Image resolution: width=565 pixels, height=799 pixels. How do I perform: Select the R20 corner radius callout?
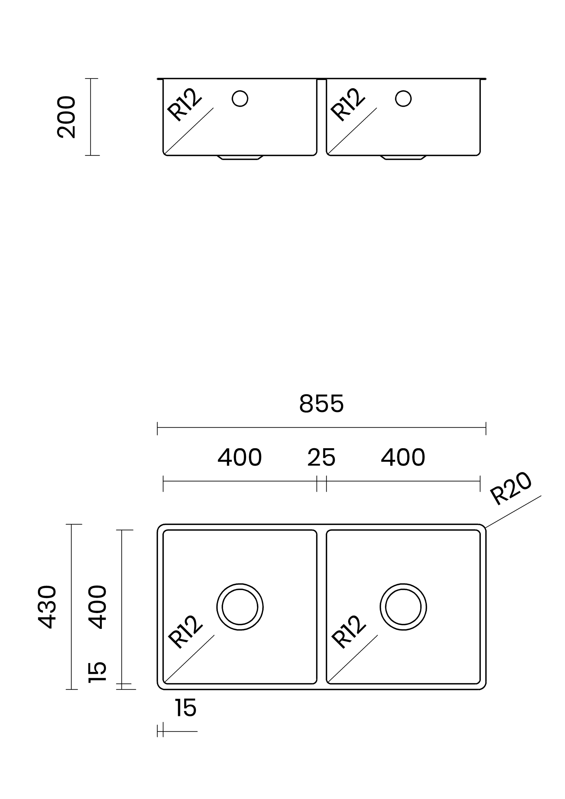click(x=511, y=489)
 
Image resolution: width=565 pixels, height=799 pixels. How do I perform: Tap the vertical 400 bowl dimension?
click(x=97, y=607)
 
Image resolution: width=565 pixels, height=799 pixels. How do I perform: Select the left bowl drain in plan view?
click(x=240, y=607)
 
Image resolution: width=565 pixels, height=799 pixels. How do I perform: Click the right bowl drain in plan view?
click(x=403, y=607)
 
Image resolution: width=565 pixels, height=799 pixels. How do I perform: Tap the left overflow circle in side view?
click(x=240, y=99)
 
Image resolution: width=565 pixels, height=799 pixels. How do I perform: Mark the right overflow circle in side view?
click(x=403, y=99)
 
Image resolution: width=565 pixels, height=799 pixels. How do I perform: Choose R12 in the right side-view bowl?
click(x=348, y=105)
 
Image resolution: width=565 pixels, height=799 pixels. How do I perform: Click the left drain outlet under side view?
click(x=240, y=158)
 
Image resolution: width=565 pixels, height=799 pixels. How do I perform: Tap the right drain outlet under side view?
click(x=403, y=158)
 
